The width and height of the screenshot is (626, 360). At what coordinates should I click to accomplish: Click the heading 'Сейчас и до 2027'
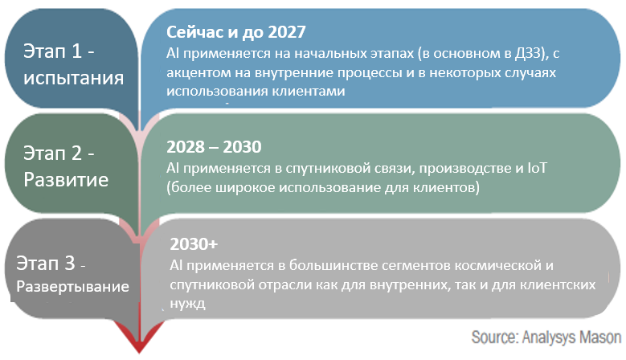236,32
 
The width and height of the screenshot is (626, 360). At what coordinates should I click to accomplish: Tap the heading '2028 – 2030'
214,147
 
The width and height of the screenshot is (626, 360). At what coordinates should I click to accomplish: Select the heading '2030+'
194,243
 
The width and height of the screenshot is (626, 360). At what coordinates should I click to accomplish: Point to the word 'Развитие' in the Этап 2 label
66,180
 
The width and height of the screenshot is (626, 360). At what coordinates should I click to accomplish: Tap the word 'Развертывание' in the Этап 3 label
72,287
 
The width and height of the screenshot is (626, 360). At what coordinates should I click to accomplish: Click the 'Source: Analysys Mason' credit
546,337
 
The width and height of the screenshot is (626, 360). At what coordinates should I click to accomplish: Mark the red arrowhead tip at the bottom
139,353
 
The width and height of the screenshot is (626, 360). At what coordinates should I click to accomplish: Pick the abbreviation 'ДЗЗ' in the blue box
530,54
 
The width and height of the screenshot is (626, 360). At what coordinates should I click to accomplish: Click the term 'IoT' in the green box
537,168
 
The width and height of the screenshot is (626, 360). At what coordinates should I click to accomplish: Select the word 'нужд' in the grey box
188,304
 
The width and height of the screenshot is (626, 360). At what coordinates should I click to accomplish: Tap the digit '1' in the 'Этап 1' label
76,51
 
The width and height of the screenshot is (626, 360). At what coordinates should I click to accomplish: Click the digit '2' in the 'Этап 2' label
76,153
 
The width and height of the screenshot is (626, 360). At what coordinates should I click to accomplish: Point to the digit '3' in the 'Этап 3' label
69,264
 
